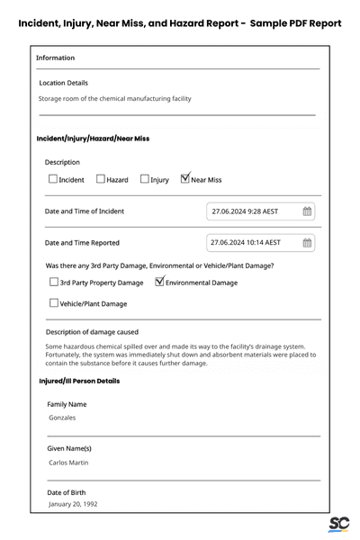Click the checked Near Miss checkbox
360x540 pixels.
[185, 179]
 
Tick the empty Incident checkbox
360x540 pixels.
[53, 180]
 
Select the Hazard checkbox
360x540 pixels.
[101, 180]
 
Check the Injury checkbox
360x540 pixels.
[145, 180]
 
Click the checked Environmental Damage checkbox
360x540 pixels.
[160, 282]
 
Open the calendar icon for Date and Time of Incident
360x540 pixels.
[307, 211]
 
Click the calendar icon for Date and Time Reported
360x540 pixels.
[307, 242]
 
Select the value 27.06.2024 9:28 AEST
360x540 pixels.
[245, 211]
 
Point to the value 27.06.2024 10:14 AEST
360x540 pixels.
[246, 242]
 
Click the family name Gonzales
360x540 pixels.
[62, 418]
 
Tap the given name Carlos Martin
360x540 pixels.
[69, 462]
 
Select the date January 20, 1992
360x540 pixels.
[74, 504]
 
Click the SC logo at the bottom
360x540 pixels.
[338, 525]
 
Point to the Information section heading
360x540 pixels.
[56, 58]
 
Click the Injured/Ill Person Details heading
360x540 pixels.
[79, 381]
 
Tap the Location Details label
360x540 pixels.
[63, 82]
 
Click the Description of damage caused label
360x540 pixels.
[92, 331]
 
